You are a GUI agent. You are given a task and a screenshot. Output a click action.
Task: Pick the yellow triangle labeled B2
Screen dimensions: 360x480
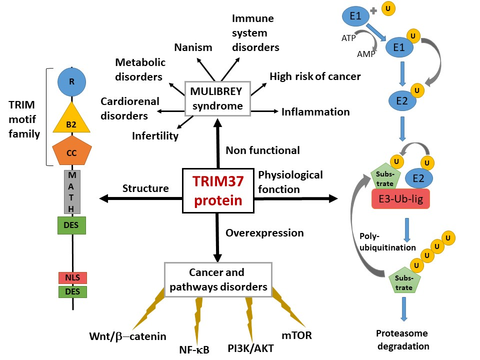click(x=71, y=121)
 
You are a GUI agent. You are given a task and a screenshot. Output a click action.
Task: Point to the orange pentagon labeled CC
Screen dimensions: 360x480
click(x=71, y=152)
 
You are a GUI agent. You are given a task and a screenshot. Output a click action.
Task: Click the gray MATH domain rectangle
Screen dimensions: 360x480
click(x=71, y=191)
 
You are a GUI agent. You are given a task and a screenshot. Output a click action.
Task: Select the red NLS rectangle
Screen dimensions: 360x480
click(x=72, y=277)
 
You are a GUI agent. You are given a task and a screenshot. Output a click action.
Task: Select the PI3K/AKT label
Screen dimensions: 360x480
click(x=250, y=347)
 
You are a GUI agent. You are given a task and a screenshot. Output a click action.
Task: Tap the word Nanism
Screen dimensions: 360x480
click(x=193, y=47)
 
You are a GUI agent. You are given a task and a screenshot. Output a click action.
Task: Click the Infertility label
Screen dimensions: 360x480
click(x=155, y=135)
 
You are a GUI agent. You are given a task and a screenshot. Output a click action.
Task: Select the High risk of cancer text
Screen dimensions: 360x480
click(x=315, y=76)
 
